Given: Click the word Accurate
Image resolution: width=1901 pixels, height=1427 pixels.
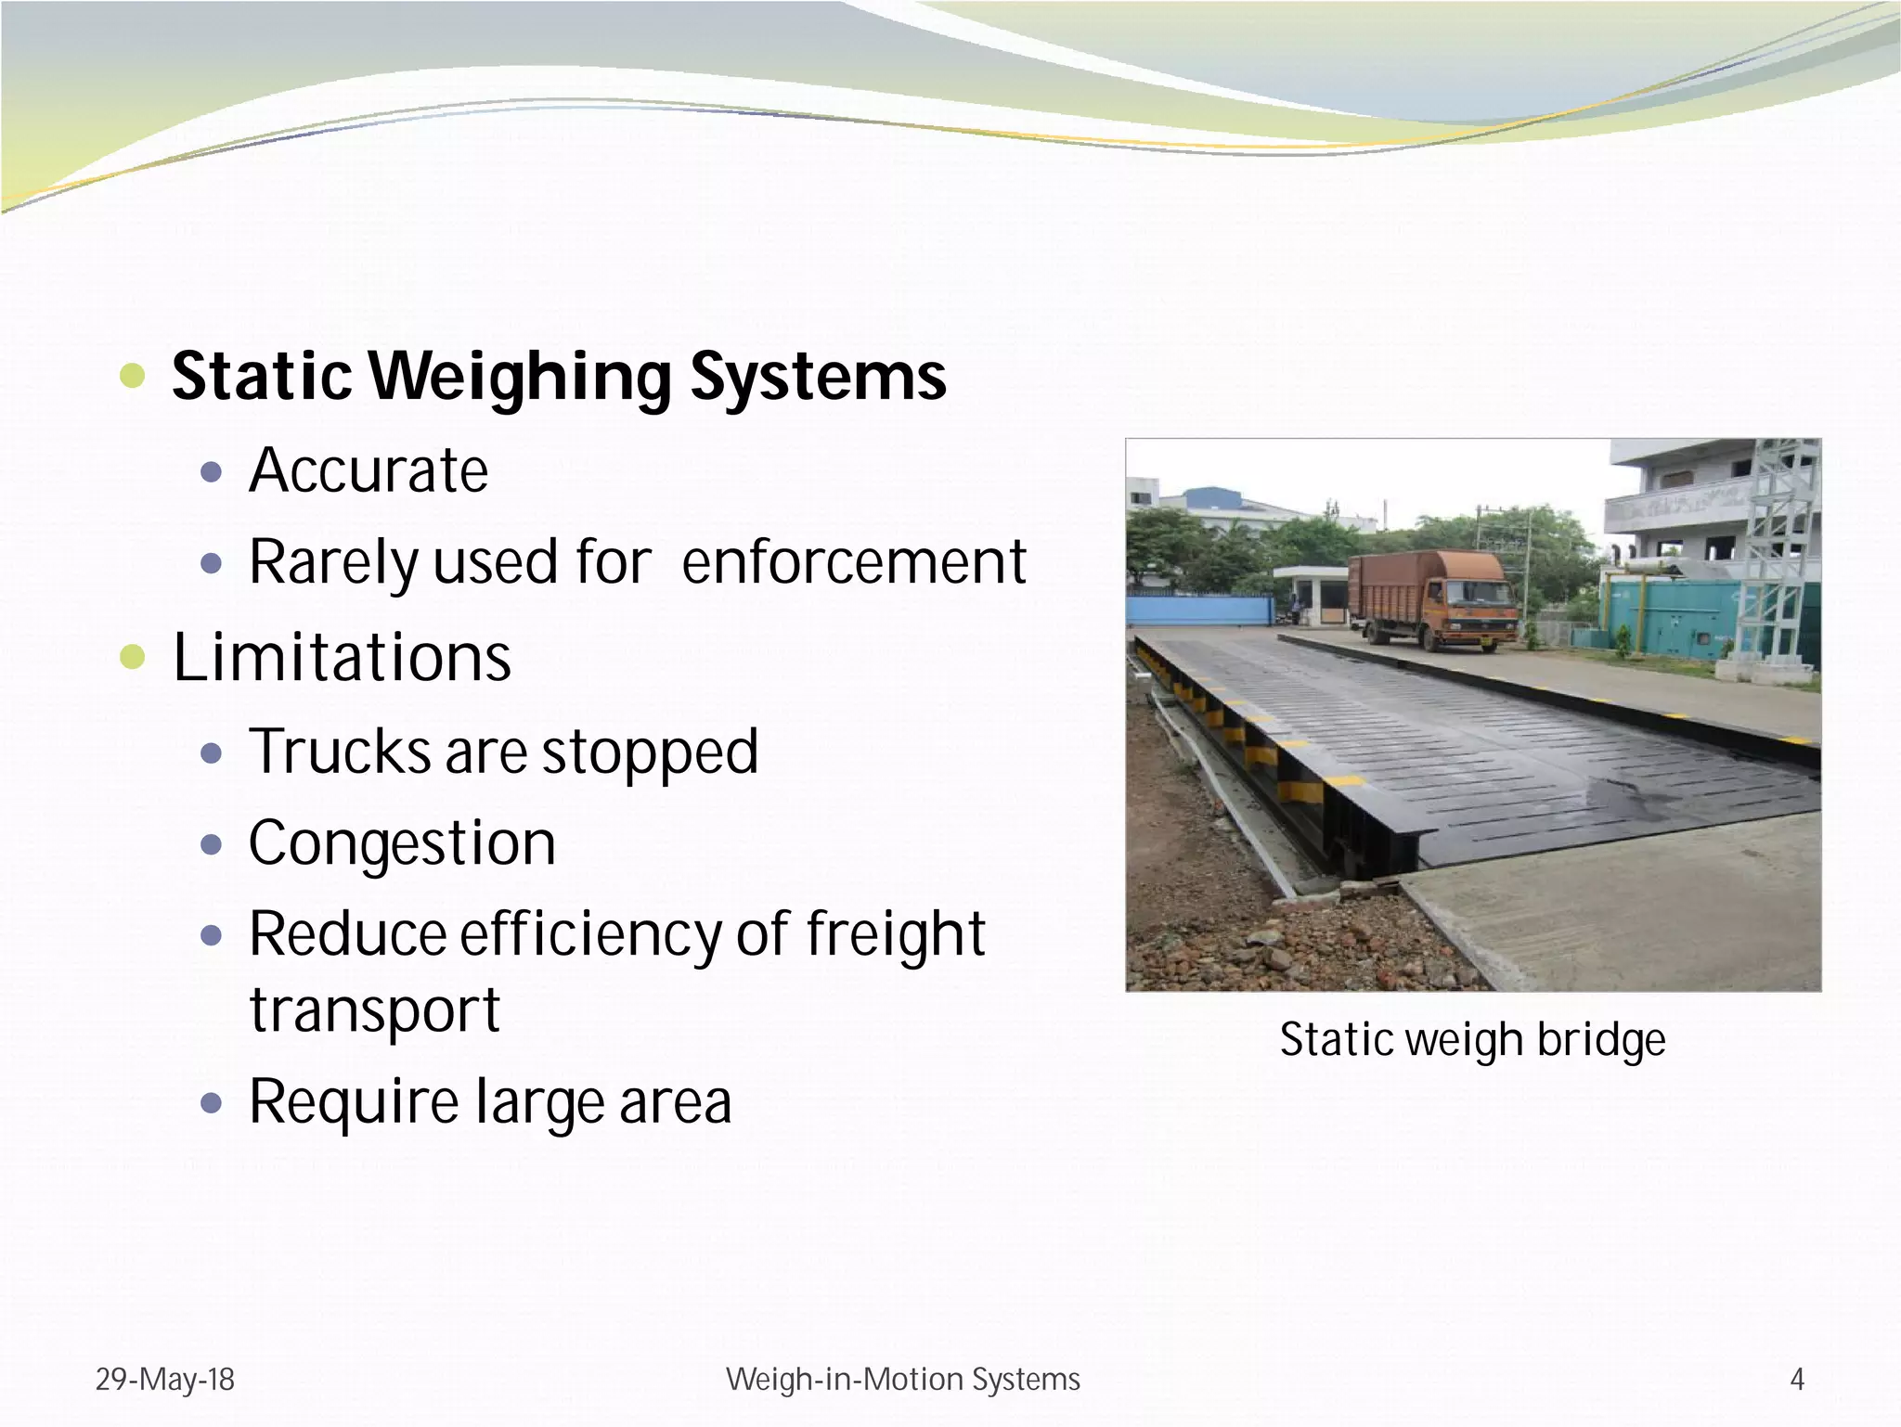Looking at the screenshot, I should (369, 470).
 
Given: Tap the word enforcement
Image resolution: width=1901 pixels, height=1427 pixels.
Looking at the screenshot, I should (854, 562).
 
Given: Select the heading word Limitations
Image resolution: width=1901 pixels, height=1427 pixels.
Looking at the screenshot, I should (342, 657).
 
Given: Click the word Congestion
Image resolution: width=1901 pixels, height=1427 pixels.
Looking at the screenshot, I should (402, 843).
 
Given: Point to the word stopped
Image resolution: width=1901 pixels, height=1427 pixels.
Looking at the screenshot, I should (650, 752).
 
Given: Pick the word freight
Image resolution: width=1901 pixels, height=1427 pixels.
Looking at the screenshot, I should (895, 934).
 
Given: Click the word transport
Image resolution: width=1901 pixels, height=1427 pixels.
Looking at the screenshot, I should (375, 1009).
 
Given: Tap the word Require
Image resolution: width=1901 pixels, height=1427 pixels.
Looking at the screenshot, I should (354, 1102).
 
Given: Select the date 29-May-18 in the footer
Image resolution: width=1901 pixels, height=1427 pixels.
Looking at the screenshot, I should (165, 1380).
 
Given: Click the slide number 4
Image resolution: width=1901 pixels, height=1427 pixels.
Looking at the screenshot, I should (1797, 1380).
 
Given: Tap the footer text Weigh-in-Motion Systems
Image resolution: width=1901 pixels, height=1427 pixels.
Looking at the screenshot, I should (902, 1380).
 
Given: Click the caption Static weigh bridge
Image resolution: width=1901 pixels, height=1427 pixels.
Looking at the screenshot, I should (1472, 1040).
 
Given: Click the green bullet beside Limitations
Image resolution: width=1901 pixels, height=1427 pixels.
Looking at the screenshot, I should (133, 657).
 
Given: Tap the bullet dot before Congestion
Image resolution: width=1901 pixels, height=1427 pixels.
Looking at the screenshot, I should (212, 844).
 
